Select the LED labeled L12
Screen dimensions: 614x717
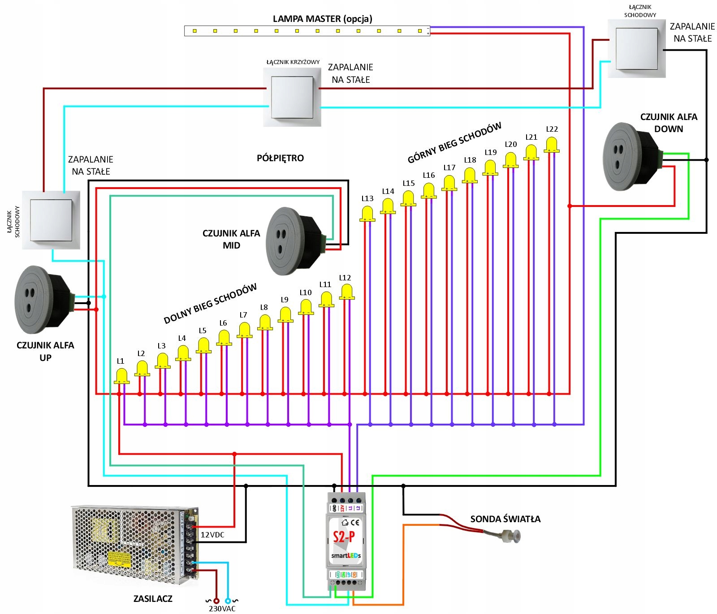(346, 292)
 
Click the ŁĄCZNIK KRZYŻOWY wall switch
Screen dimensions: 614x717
(292, 97)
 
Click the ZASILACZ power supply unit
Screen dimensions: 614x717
(134, 544)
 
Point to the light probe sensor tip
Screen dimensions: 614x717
(511, 535)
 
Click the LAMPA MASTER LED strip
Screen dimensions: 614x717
(307, 31)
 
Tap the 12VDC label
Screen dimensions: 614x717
(212, 535)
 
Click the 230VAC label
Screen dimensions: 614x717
(222, 609)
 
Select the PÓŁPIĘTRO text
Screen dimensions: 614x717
(280, 158)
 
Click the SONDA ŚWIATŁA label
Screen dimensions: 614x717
(505, 519)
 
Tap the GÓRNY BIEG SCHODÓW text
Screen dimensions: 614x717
(454, 142)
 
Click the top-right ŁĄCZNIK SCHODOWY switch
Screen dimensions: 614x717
(636, 48)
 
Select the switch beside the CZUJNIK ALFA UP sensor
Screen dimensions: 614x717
(51, 220)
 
